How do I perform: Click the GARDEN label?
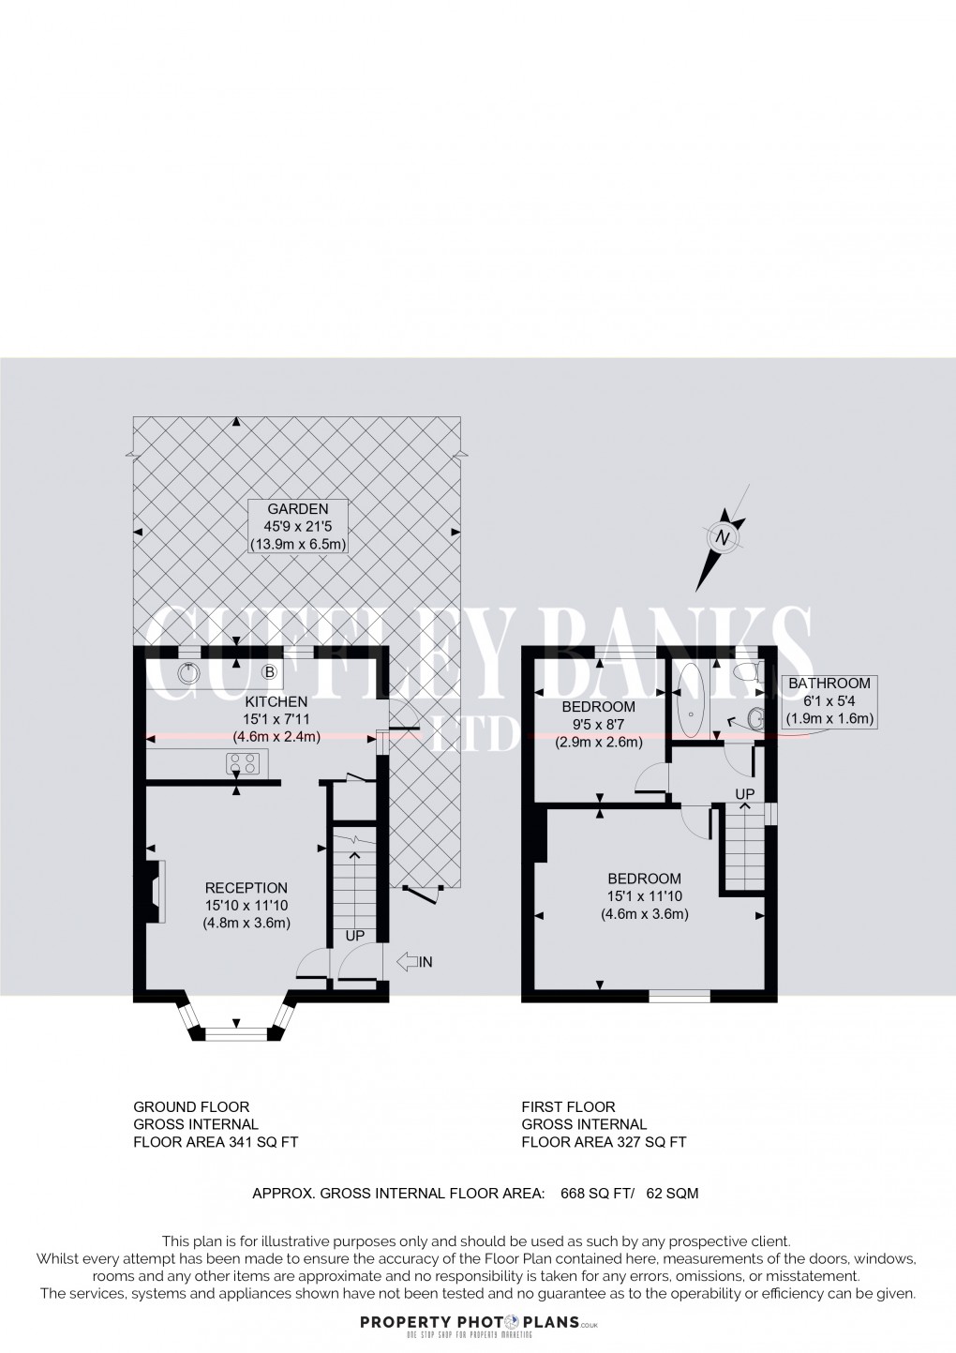[x=298, y=509]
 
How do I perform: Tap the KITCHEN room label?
[x=276, y=701]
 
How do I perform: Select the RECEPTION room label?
[x=246, y=888]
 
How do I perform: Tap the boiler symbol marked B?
[x=269, y=671]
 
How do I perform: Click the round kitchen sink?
[x=190, y=671]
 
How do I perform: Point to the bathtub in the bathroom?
[x=690, y=701]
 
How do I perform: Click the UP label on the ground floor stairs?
[x=355, y=937]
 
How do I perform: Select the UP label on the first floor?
[x=745, y=794]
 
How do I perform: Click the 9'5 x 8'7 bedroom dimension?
[x=597, y=724]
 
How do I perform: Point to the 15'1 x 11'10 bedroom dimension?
[x=644, y=896]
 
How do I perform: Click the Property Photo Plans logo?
[x=477, y=1324]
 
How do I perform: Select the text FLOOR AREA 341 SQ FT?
[x=216, y=1142]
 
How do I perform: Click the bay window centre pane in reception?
[x=236, y=1034]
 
